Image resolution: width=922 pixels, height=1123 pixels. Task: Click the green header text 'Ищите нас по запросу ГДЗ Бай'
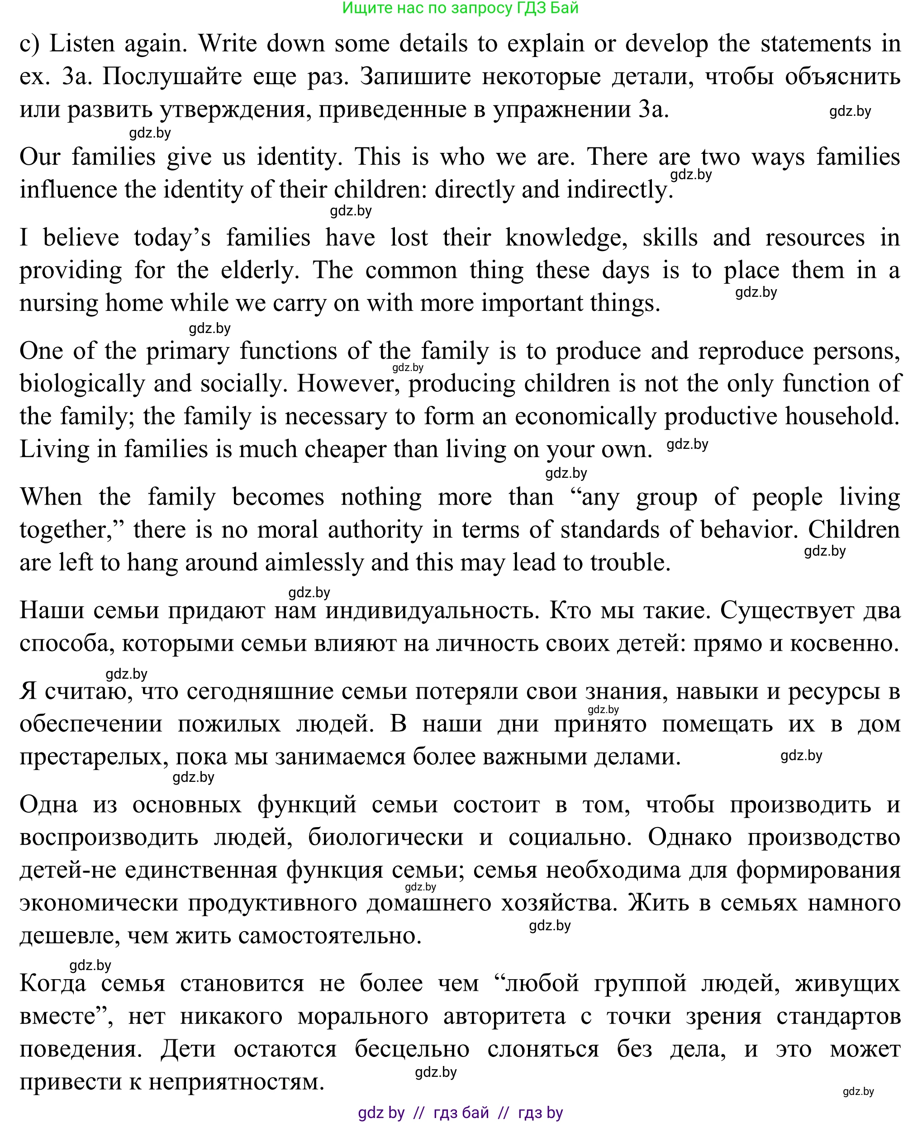[460, 8]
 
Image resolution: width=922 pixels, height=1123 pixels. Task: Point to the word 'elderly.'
[260, 271]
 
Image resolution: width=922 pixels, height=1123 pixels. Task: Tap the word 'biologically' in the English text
[82, 384]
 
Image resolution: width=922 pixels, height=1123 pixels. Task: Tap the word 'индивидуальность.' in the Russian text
[432, 611]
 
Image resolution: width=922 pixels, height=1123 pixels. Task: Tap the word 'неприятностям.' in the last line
[236, 1081]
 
